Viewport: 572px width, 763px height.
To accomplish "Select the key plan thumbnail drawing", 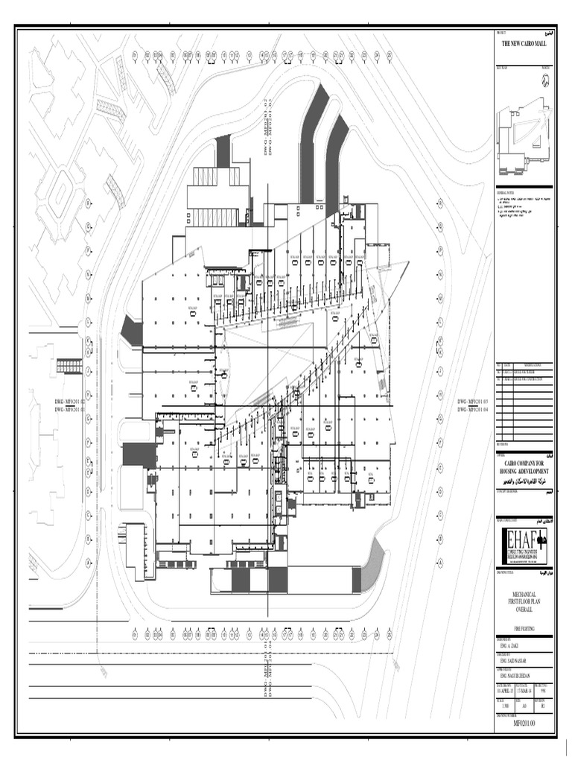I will click(x=524, y=138).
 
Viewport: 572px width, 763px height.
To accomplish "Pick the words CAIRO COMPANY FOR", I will click(x=524, y=463).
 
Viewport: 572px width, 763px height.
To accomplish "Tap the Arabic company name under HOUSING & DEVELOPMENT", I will click(x=524, y=481).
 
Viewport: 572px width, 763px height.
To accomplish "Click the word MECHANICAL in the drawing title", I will click(x=524, y=593).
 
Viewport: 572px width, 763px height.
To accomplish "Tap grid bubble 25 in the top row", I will click(x=388, y=55).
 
